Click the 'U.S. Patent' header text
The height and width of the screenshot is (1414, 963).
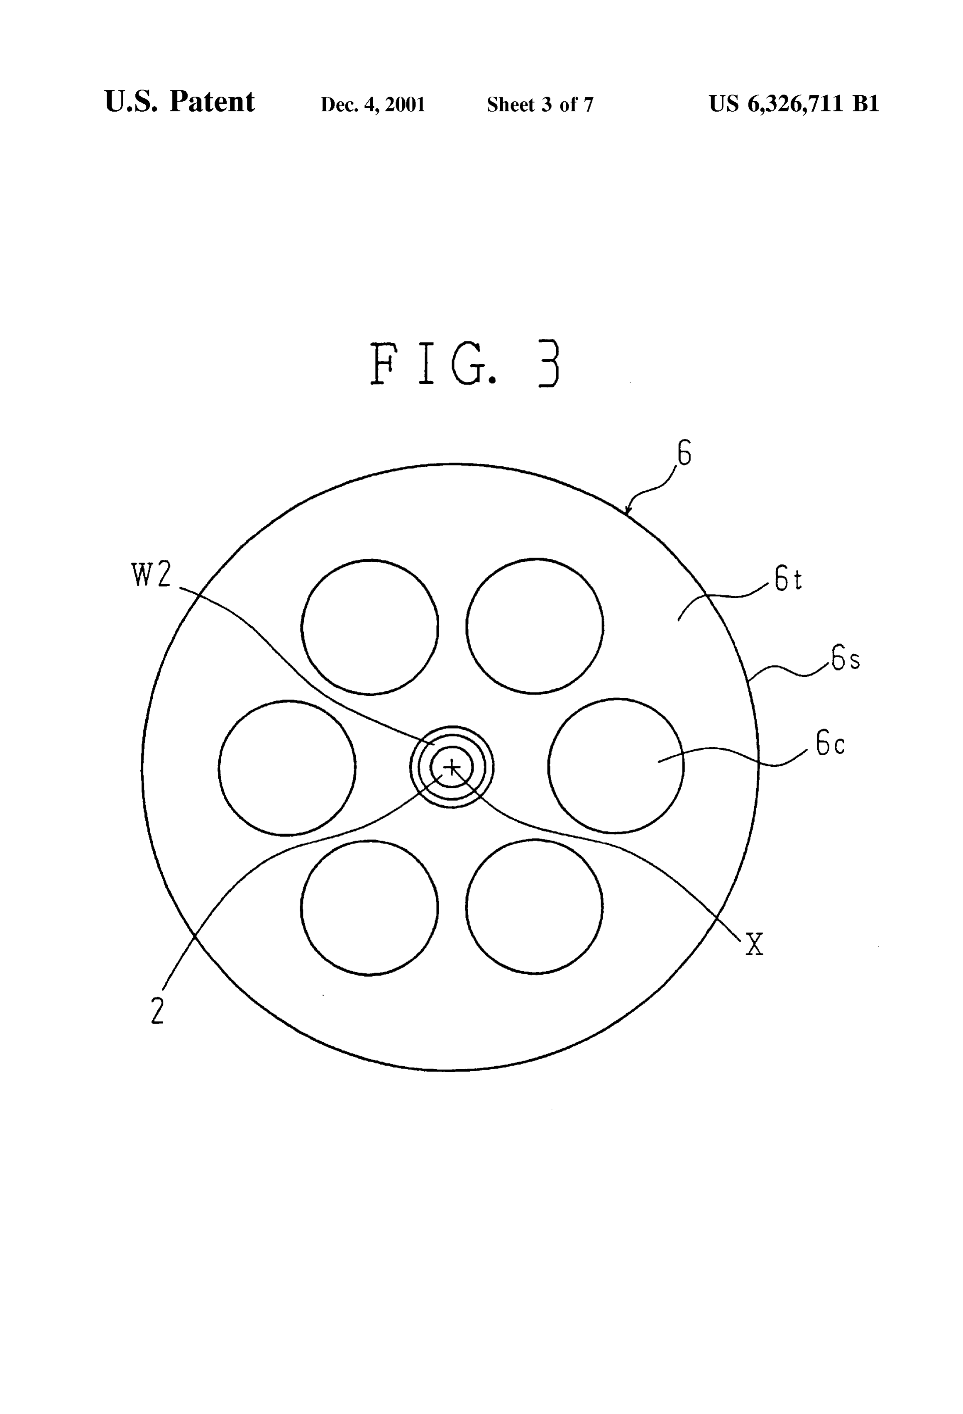pyautogui.click(x=180, y=102)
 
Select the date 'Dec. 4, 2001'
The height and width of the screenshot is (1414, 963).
pyautogui.click(x=372, y=105)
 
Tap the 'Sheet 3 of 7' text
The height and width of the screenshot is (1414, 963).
pyautogui.click(x=540, y=105)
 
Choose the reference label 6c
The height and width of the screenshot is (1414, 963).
pyautogui.click(x=830, y=743)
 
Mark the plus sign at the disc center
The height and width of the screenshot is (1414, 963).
pyautogui.click(x=451, y=767)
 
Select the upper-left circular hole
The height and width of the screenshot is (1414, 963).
pyautogui.click(x=369, y=627)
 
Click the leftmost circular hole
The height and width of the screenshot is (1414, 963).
pyautogui.click(x=287, y=768)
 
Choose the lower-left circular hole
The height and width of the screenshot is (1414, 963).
pyautogui.click(x=369, y=908)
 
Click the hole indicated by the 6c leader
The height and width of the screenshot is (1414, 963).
pyautogui.click(x=616, y=766)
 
